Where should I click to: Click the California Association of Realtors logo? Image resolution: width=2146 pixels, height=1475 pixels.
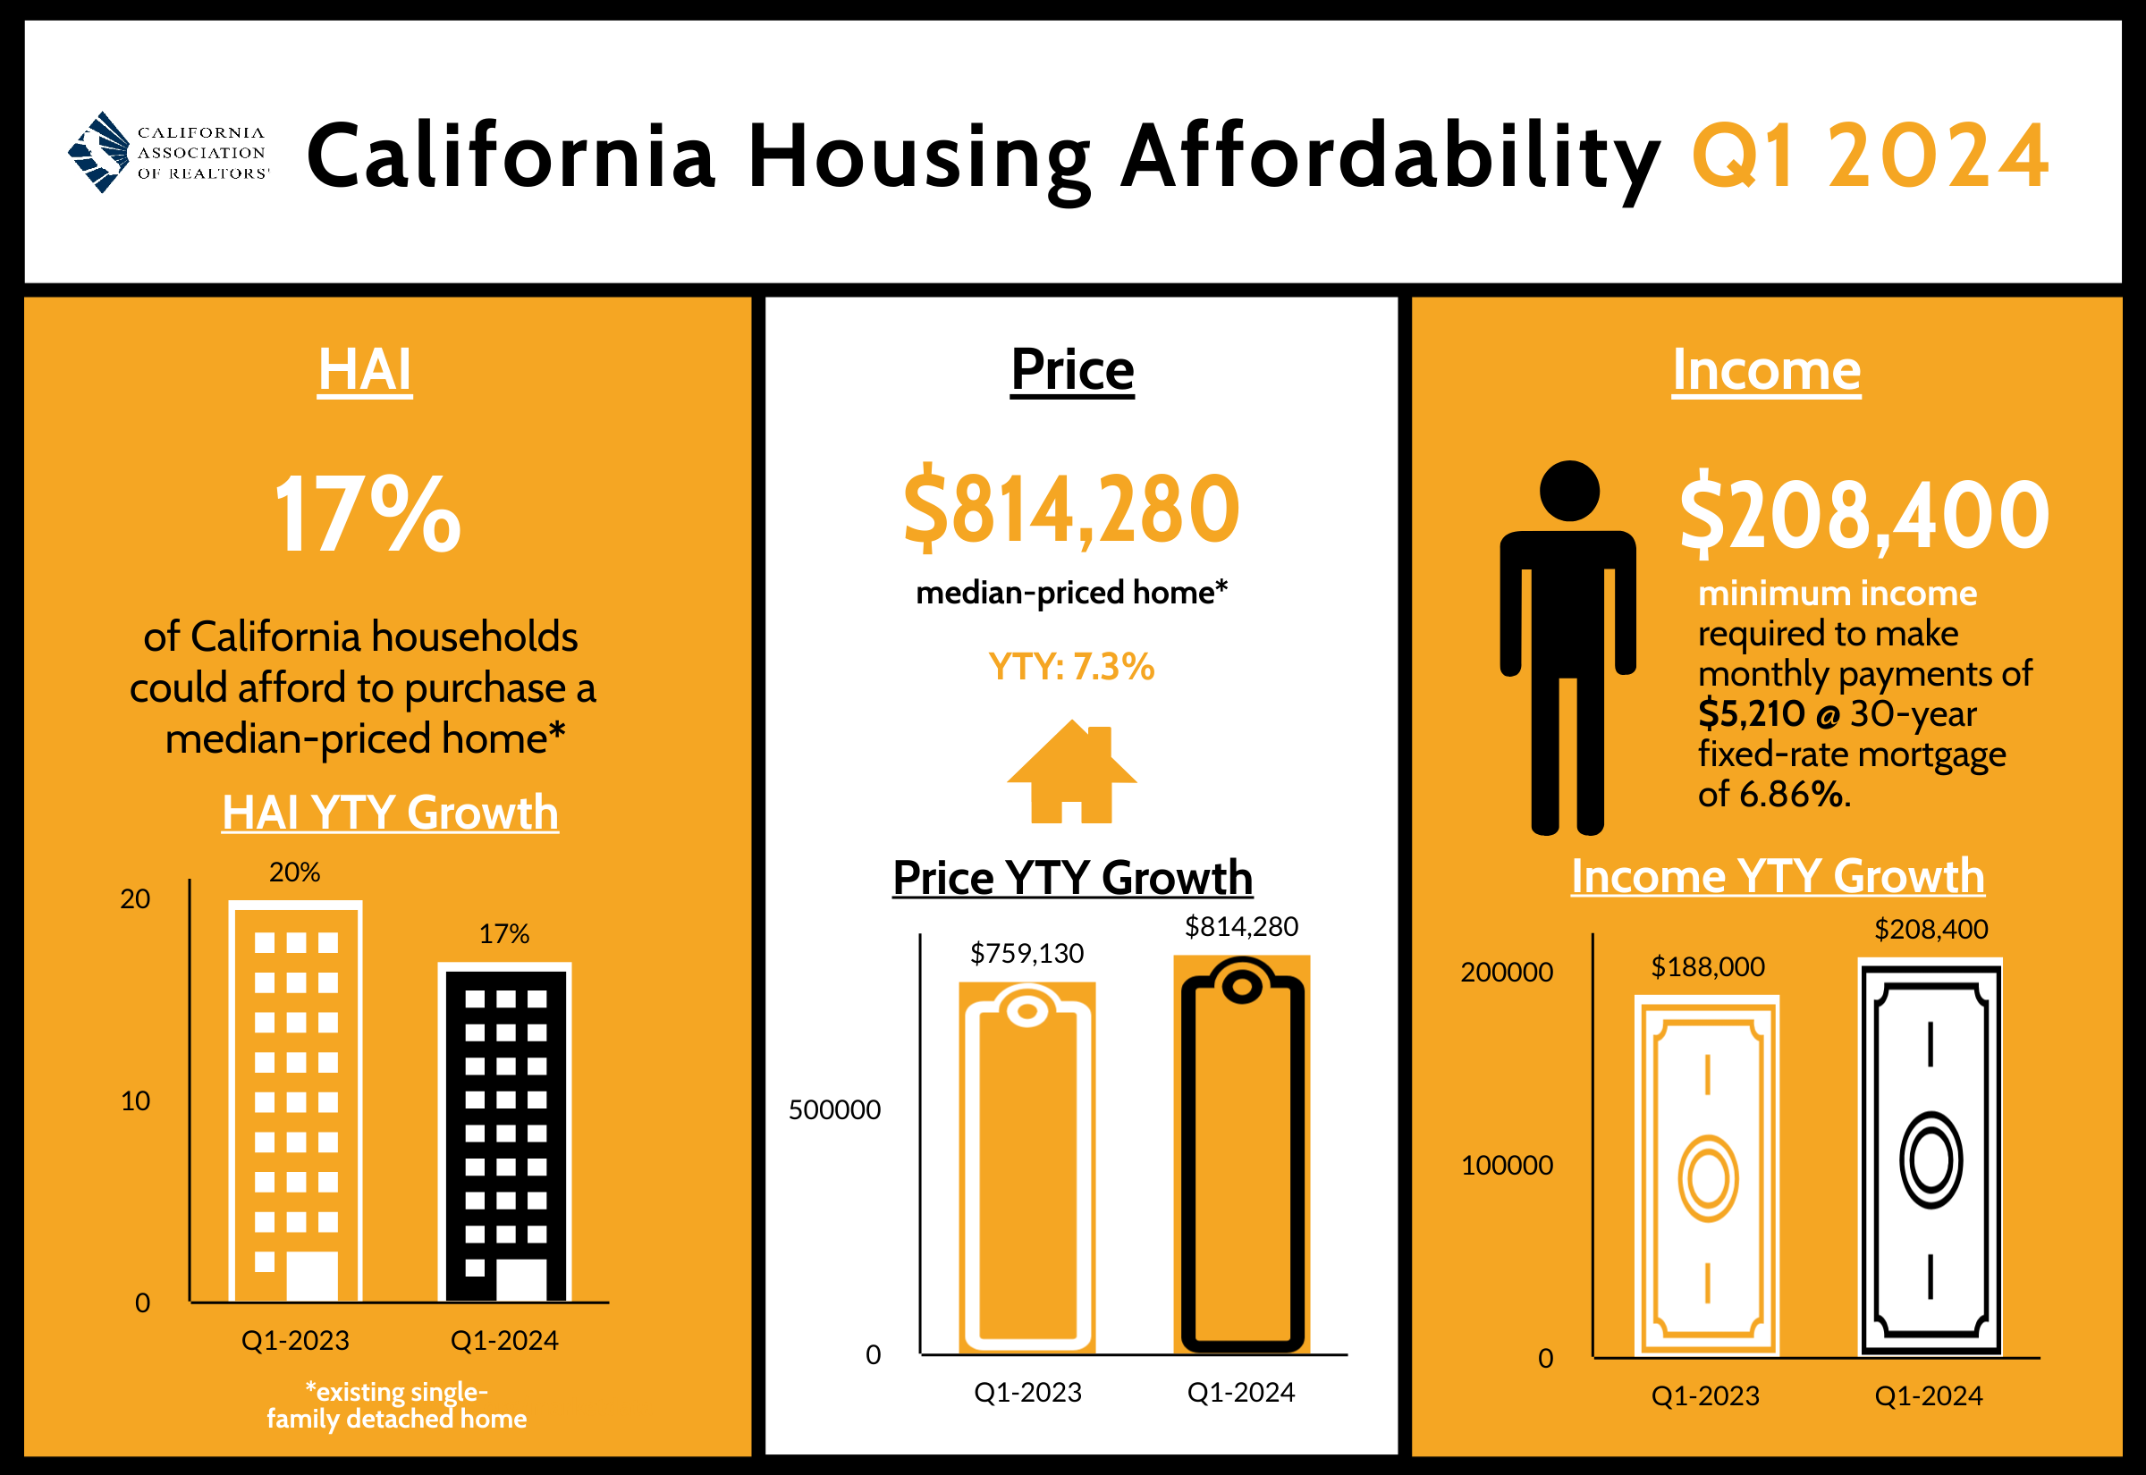[x=168, y=153]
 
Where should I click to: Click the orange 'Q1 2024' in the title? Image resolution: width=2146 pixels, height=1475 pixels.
[x=1869, y=157]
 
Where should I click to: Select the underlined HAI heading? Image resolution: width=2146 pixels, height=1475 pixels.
[x=365, y=371]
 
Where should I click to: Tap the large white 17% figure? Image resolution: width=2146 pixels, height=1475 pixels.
[x=367, y=514]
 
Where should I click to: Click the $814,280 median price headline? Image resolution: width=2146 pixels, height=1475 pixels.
[x=1071, y=509]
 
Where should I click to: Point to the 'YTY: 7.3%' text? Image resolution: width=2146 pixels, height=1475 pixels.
[x=1071, y=666]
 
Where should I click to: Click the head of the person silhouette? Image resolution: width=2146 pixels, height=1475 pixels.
[x=1569, y=491]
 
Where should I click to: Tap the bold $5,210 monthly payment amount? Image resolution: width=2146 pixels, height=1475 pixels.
[x=1751, y=713]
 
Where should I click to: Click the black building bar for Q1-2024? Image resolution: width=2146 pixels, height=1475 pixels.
[x=504, y=1135]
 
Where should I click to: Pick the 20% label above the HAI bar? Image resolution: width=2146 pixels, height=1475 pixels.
[x=295, y=872]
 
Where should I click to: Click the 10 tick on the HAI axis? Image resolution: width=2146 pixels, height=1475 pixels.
[x=135, y=1100]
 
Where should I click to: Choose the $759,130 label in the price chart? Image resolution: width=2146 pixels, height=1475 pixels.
[x=1027, y=953]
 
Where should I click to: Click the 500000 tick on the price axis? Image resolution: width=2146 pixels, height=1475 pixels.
[x=834, y=1110]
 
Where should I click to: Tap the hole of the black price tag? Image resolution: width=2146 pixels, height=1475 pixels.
[x=1242, y=987]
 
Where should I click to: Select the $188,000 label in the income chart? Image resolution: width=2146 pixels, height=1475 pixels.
[x=1708, y=966]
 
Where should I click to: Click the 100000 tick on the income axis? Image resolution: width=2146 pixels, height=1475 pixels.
[x=1507, y=1166]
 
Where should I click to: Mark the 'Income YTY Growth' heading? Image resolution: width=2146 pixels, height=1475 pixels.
[x=1778, y=876]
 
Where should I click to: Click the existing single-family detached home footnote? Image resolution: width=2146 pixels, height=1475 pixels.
[x=396, y=1404]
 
